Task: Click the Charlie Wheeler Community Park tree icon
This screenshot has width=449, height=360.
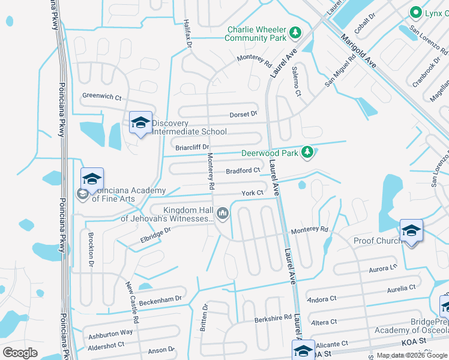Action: [x=295, y=32]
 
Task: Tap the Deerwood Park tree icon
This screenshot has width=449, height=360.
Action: [x=307, y=152]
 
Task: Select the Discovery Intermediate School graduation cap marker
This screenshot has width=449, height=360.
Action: [x=140, y=123]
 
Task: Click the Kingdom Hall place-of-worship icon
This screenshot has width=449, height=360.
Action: [x=223, y=213]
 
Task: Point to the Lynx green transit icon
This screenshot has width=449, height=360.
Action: [x=414, y=12]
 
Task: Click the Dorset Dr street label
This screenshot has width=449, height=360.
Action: [x=243, y=114]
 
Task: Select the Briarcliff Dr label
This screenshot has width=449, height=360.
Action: [x=192, y=147]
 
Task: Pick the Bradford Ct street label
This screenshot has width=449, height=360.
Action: [x=243, y=170]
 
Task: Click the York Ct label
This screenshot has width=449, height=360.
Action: [x=252, y=193]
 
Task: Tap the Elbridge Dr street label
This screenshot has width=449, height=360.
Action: [x=148, y=235]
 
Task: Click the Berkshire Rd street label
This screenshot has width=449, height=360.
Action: [x=273, y=317]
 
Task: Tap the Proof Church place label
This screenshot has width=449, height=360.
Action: [x=376, y=241]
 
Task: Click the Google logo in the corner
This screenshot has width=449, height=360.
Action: [x=20, y=352]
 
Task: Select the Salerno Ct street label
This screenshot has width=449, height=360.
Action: [x=296, y=81]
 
